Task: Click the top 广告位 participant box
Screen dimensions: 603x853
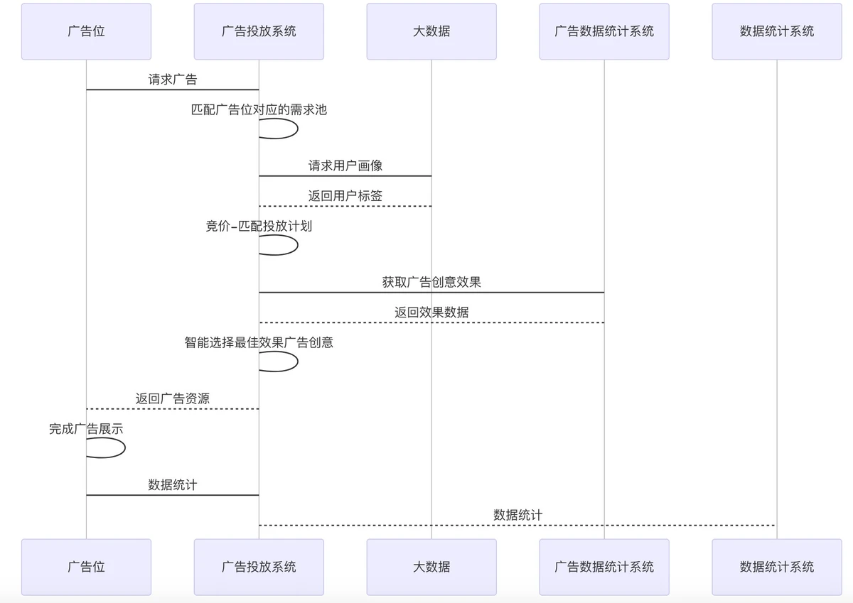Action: (86, 31)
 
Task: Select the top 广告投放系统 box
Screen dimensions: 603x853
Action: (259, 31)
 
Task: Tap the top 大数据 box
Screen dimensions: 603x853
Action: (431, 31)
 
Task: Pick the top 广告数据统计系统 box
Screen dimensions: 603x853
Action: (604, 31)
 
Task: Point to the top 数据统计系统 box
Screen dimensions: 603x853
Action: (776, 31)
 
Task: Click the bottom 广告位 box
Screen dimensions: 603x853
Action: (86, 567)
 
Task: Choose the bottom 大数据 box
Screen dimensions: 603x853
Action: (431, 567)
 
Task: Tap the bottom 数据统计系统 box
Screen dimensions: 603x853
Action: (776, 567)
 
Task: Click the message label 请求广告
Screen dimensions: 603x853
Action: (173, 80)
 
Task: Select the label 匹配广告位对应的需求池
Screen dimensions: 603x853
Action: (259, 110)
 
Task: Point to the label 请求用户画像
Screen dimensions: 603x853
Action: (345, 165)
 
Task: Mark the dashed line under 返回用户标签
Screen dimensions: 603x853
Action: (345, 206)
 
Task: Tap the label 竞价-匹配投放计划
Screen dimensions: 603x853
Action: (259, 227)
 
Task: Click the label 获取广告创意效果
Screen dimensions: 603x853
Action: (431, 282)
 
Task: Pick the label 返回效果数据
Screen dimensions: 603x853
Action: (431, 313)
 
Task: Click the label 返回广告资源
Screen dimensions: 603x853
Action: (173, 398)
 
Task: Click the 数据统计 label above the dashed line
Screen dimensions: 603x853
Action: (517, 515)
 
